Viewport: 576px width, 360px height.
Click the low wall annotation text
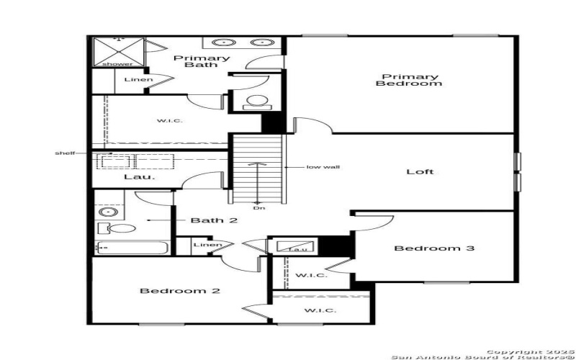[323, 167]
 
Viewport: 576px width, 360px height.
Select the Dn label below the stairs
[257, 209]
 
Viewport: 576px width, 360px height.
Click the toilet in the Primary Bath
[255, 102]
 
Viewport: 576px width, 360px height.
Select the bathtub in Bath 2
[131, 248]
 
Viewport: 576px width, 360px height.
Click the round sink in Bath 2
[109, 212]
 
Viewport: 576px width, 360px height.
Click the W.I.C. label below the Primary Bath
[169, 120]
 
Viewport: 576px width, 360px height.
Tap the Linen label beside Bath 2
[206, 246]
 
